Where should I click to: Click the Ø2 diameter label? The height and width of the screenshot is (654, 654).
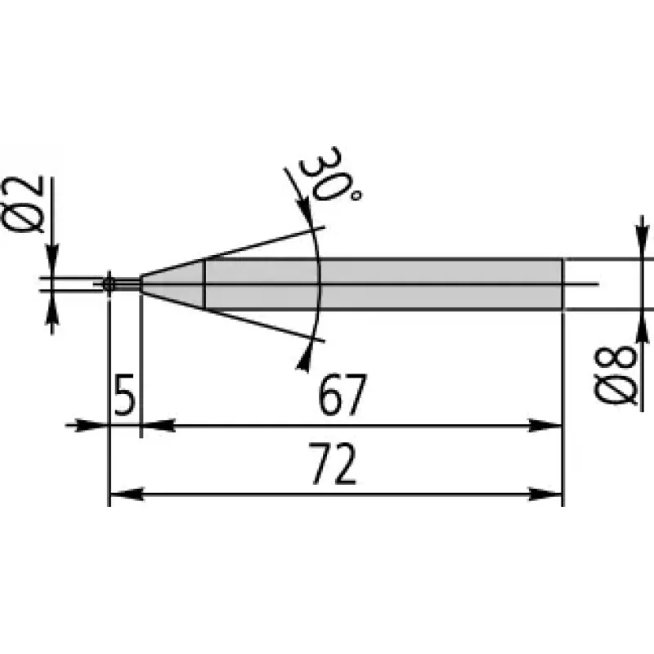click(x=24, y=204)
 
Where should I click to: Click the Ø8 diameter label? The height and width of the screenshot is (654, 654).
click(x=616, y=375)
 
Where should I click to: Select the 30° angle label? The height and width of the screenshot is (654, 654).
click(x=329, y=175)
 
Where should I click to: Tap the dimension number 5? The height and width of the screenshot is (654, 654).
click(x=125, y=394)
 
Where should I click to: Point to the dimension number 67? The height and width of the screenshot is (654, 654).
click(x=342, y=394)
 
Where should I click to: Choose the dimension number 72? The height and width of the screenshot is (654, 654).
click(x=333, y=463)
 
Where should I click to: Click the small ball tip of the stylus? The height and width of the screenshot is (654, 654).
click(x=109, y=284)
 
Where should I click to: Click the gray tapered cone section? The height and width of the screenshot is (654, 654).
click(x=172, y=284)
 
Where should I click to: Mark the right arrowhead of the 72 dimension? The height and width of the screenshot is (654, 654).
click(x=545, y=495)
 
